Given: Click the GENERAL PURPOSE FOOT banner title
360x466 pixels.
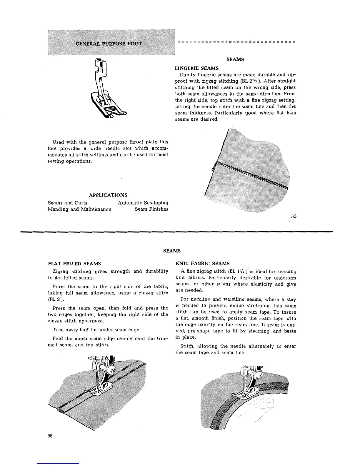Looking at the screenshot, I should point(109,44).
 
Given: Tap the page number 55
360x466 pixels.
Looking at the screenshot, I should point(293,217).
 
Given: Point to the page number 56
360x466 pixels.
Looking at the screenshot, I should point(50,436).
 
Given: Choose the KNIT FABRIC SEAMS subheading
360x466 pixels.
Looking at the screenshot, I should point(202,263).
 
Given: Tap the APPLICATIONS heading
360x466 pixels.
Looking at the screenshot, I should point(108,195).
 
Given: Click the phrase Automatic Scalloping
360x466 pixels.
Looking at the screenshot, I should point(143,203).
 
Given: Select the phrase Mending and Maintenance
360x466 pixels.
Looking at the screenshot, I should point(79,209).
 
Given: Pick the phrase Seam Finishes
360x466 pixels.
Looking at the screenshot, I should point(151,209).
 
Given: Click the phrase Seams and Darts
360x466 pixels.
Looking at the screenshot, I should point(67,203).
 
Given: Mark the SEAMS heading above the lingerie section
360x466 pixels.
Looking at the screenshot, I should point(235,59).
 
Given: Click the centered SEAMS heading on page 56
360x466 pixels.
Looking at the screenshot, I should point(172,251).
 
